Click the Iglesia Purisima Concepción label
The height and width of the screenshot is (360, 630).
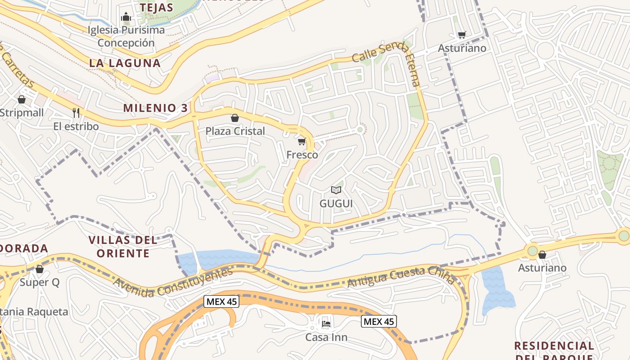coord(126,36)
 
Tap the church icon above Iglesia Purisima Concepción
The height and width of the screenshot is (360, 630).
coord(126,18)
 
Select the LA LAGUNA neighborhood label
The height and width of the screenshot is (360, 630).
coord(125,63)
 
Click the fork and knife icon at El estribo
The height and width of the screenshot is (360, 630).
coord(76,112)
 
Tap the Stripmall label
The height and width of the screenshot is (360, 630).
coord(22,112)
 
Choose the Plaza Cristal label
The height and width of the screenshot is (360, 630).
coord(235,131)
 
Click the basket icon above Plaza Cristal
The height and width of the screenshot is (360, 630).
coord(234,118)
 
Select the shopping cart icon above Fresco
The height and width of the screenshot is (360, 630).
coord(302,142)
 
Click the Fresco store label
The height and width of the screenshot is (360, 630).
coord(302,155)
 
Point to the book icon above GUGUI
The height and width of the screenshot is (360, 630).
coord(336,190)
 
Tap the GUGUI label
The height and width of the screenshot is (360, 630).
coord(336,203)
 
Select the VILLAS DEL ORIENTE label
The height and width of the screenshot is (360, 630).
coord(123,247)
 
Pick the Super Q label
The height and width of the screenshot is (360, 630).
coord(40,283)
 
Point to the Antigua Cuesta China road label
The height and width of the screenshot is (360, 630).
coord(401,275)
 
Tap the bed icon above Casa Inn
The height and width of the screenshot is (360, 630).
coord(326,323)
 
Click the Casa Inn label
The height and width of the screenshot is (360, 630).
coord(326,337)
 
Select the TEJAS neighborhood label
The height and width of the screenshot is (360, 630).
coord(156,8)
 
